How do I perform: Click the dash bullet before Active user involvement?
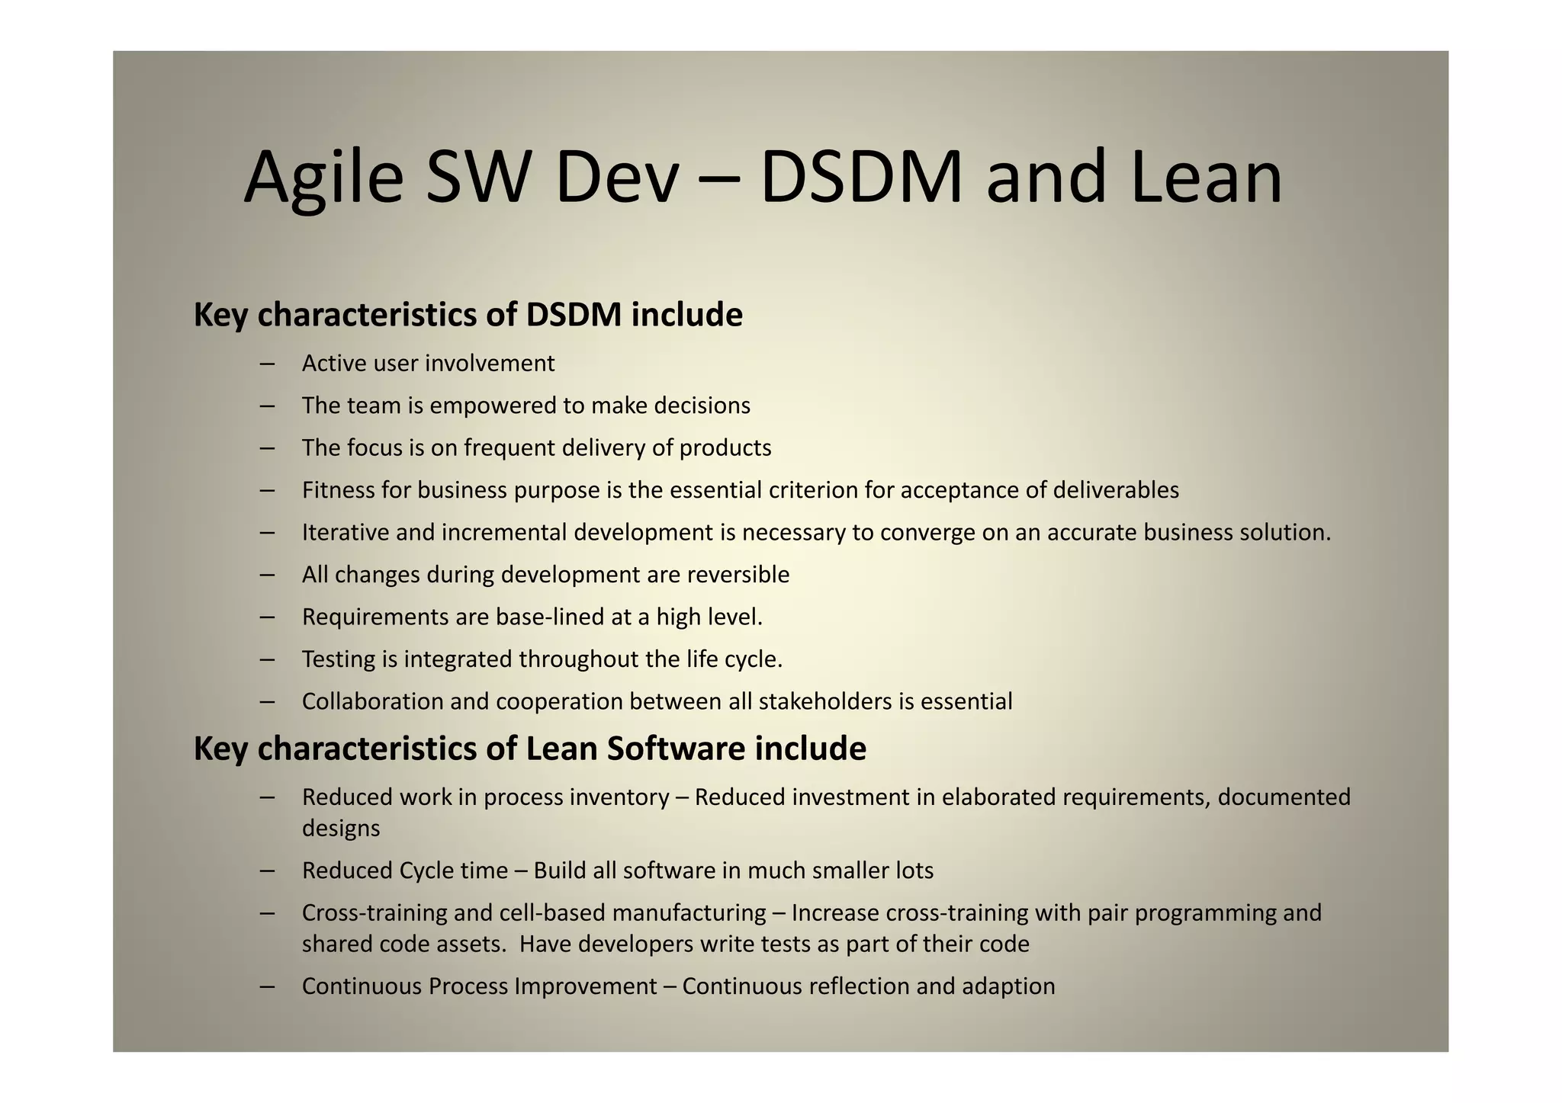(267, 364)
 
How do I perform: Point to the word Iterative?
(345, 532)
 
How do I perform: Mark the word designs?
(341, 829)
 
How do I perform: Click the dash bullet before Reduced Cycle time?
(267, 871)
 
